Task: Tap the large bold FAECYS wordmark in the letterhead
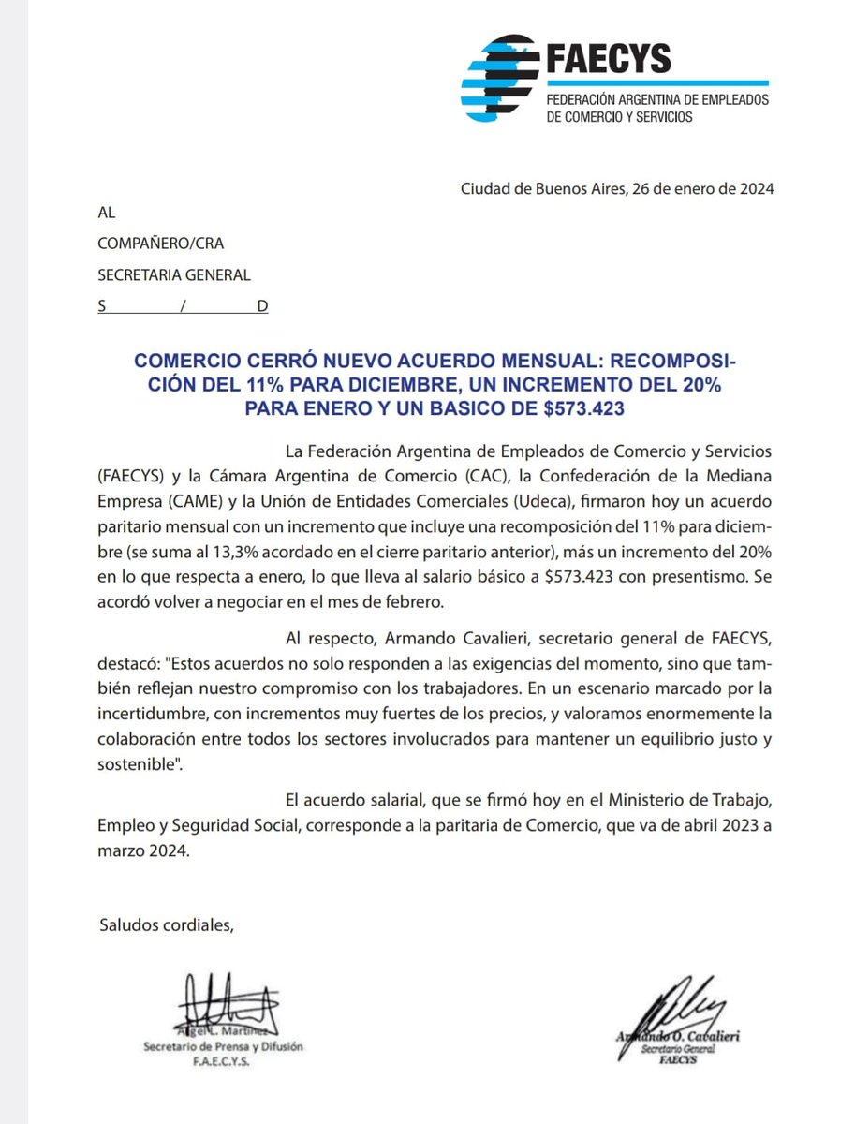[609, 59]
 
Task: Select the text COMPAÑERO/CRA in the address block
[161, 244]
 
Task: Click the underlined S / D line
[183, 306]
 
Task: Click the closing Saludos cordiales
[165, 926]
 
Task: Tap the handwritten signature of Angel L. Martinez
[225, 1002]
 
